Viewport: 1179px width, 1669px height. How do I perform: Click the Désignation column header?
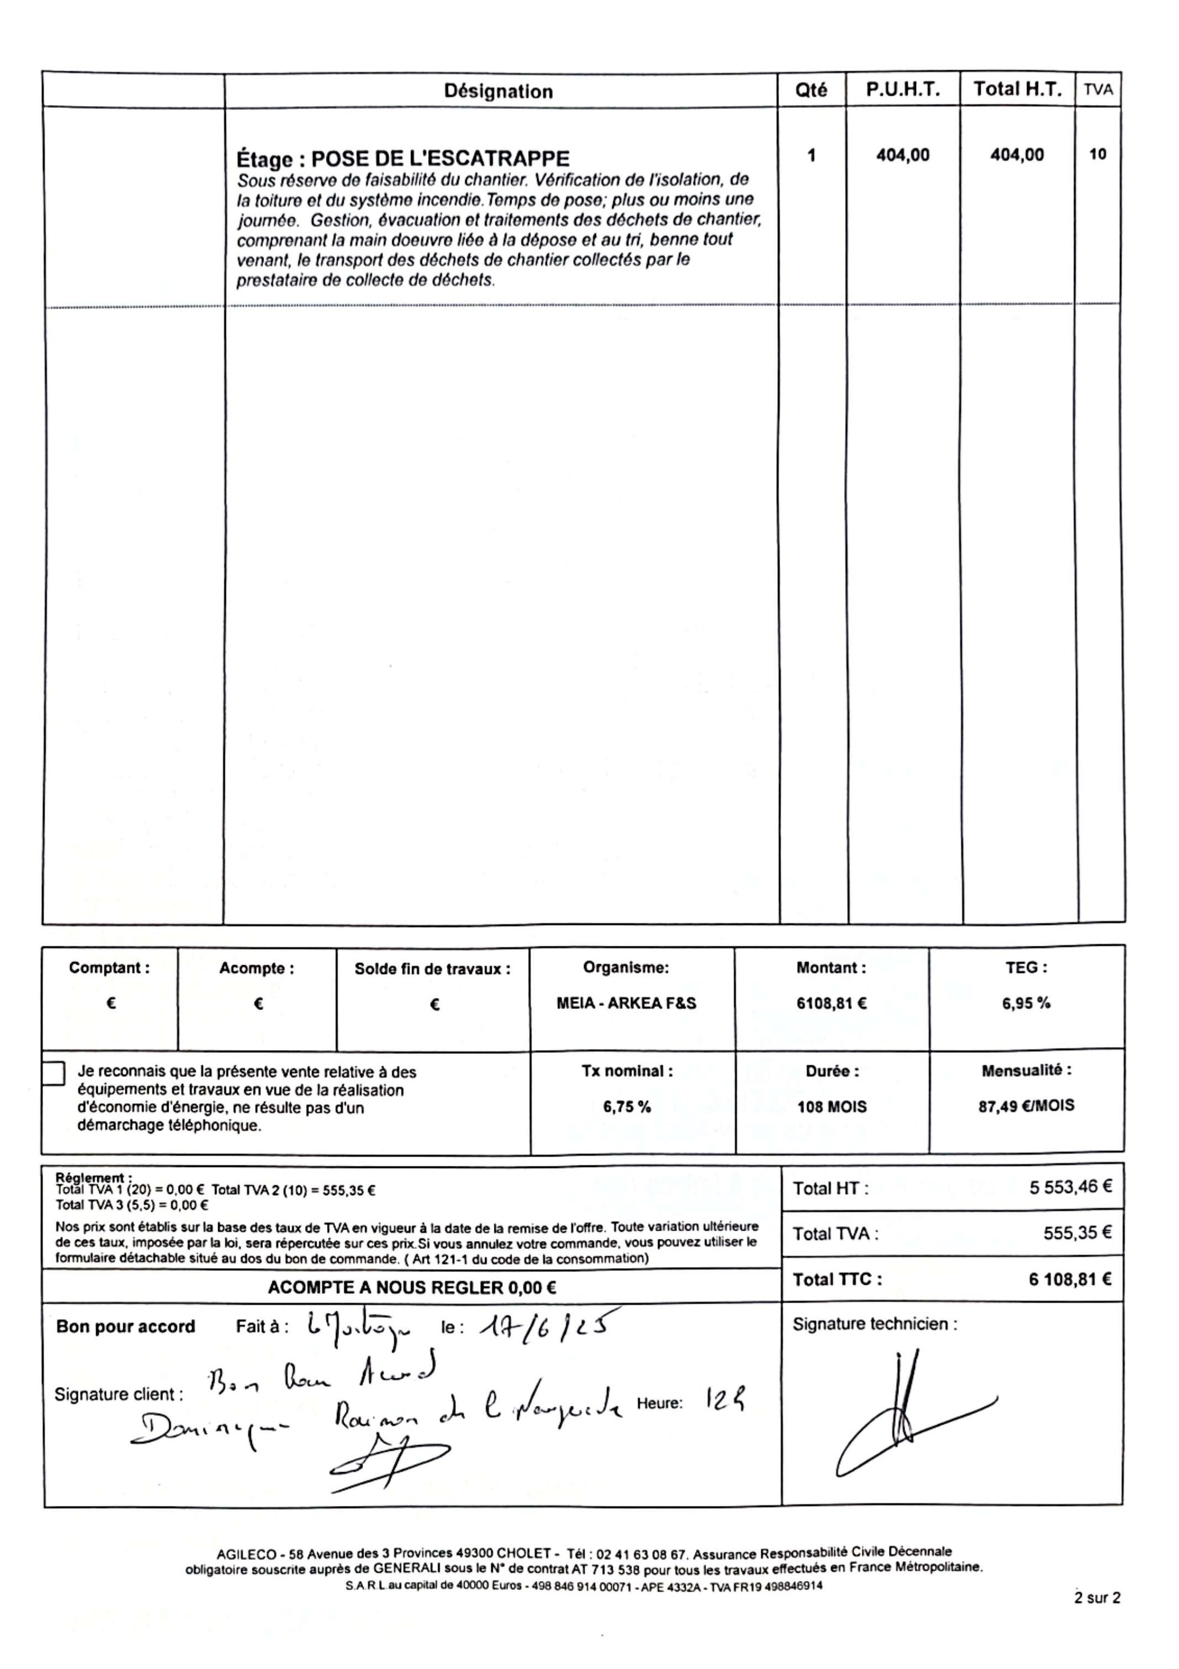click(498, 91)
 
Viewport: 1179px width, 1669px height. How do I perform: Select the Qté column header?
click(811, 90)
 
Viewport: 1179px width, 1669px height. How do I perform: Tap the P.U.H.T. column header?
click(903, 90)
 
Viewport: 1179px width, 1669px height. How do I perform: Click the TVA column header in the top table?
click(1098, 90)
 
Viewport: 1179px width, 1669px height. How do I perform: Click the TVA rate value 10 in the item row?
click(1098, 154)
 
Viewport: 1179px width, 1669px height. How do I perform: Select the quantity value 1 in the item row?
click(811, 155)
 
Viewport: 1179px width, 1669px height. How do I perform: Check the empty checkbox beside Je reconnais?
click(54, 1074)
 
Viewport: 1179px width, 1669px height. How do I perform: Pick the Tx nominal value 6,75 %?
click(626, 1107)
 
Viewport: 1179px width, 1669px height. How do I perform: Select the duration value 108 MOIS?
click(832, 1107)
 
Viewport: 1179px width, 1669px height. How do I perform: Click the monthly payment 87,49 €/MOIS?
click(1026, 1106)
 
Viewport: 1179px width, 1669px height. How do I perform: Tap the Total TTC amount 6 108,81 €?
click(1069, 1280)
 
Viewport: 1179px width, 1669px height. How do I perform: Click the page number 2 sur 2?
click(1097, 1598)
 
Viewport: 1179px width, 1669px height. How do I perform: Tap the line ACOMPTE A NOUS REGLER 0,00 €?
click(412, 1288)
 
